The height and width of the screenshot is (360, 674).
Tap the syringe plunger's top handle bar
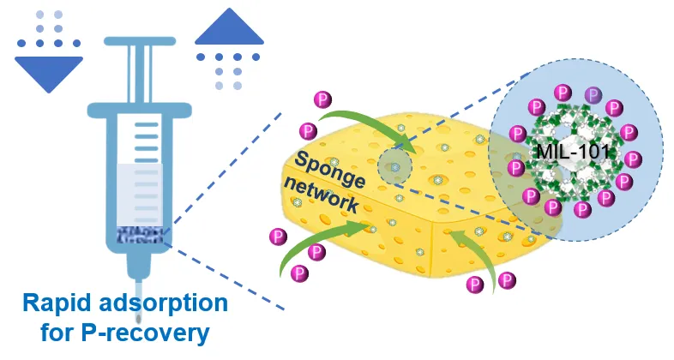click(137, 41)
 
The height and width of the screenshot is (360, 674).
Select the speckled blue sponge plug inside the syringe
click(138, 234)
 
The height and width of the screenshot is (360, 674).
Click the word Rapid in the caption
click(57, 305)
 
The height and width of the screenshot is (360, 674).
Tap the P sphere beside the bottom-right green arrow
click(508, 279)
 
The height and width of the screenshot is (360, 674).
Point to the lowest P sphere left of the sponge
click(299, 273)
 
